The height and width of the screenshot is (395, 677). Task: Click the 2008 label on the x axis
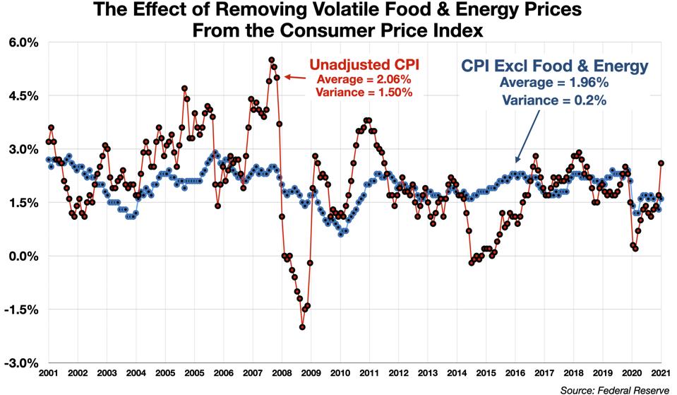[x=280, y=372]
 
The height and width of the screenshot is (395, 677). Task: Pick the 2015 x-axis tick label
[x=485, y=372]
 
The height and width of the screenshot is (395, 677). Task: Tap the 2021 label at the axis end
[x=660, y=372]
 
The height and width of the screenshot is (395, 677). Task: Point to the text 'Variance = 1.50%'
[x=365, y=93]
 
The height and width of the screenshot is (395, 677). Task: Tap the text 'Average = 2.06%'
[x=365, y=79]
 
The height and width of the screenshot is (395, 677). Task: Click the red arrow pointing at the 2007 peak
[x=296, y=77]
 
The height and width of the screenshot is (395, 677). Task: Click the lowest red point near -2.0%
[x=302, y=327]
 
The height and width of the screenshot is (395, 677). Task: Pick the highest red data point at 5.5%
[x=272, y=60]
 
